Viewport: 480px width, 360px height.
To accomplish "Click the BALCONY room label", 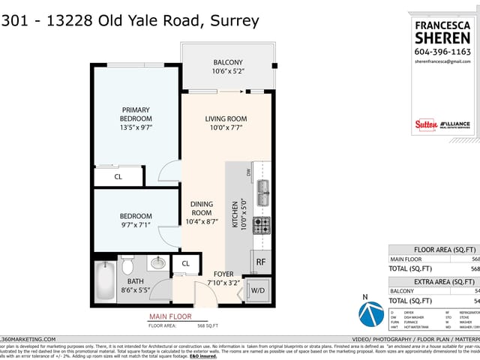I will tap(228, 62).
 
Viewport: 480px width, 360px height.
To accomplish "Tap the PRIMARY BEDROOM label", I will tap(136, 114).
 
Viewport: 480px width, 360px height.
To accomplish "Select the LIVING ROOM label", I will tap(226, 118).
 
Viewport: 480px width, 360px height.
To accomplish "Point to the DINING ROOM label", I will tap(201, 208).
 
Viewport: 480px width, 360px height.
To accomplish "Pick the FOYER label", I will tap(223, 274).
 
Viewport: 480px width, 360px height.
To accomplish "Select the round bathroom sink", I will tap(157, 263).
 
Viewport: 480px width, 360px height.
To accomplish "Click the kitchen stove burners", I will tap(261, 225).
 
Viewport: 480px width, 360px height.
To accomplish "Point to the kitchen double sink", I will tap(262, 193).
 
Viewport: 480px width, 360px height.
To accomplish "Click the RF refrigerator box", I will tap(260, 262).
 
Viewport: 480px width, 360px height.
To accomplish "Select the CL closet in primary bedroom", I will tap(118, 177).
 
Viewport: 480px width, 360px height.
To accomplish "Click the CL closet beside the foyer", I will tap(185, 263).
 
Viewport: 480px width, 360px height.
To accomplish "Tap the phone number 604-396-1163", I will tap(442, 52).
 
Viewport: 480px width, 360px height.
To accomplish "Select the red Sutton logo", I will tap(425, 124).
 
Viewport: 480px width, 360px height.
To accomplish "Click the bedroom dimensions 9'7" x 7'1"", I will tap(136, 223).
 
